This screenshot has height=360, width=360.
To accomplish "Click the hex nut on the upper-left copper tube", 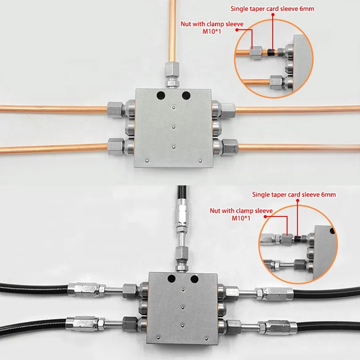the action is coord(114,109).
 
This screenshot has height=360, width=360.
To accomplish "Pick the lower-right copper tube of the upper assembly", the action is coord(297,146).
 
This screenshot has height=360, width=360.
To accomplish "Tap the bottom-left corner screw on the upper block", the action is coord(148,160).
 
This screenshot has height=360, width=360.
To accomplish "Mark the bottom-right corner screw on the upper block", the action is coord(200,160).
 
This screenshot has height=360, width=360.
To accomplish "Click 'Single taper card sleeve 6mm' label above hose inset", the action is coord(294,194).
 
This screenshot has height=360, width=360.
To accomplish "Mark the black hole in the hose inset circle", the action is coord(332,232).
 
